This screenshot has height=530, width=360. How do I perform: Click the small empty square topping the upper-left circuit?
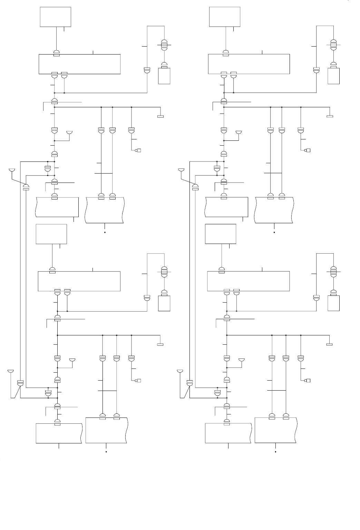point(56,17)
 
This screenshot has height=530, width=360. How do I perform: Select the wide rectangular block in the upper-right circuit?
point(249,64)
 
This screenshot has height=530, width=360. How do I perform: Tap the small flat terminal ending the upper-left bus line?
point(160,116)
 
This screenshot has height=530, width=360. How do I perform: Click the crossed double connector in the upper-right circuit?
point(333,45)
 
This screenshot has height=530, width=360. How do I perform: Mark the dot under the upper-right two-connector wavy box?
point(274,233)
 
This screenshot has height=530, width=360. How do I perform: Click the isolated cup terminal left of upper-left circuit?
point(12,170)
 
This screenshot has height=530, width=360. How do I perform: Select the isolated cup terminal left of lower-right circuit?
point(179,371)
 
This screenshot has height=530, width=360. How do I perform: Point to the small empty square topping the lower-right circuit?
point(221,234)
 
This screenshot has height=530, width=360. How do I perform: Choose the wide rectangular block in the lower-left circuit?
point(79,281)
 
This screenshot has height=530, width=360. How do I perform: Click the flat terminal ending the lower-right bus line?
point(329,344)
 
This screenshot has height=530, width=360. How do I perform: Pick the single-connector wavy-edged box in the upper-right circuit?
point(226,207)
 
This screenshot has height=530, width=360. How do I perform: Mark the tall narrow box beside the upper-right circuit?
point(333,76)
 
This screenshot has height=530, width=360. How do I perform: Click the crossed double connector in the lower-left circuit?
point(164,271)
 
